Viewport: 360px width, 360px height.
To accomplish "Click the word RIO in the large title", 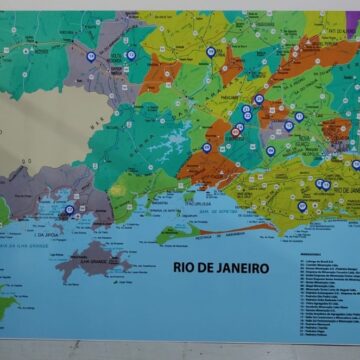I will click(x=185, y=268).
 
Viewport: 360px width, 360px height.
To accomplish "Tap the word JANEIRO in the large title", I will click(x=240, y=268).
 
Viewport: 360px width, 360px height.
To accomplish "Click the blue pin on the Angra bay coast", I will click(x=69, y=211).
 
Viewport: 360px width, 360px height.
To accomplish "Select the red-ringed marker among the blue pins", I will click(x=236, y=131).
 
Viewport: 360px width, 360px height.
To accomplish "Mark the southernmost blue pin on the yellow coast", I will click(x=301, y=206).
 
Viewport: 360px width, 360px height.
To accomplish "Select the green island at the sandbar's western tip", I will click(x=169, y=232).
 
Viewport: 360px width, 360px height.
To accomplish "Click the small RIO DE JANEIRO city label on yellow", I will click(x=340, y=188).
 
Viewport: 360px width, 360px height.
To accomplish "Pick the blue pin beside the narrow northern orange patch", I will click(x=211, y=52).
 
